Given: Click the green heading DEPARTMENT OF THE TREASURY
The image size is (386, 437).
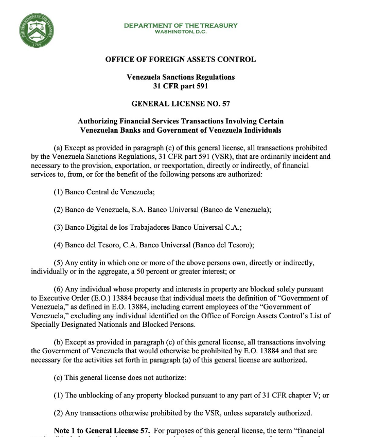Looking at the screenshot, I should (181, 25).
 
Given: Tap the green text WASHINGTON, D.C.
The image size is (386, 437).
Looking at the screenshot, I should (181, 32).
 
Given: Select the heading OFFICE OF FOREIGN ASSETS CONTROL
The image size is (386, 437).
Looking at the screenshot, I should (180, 59).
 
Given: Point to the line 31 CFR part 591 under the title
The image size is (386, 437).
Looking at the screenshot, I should (180, 86).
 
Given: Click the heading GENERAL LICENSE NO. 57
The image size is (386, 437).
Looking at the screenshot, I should (180, 103).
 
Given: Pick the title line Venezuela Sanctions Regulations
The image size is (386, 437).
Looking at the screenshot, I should (180, 77).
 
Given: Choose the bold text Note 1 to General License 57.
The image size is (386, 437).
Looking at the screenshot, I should (102, 430).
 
